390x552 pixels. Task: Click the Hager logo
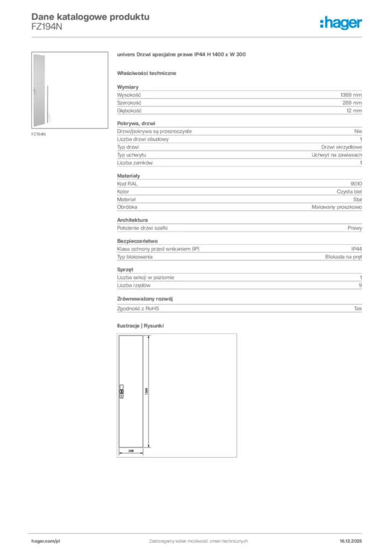pos(340,23)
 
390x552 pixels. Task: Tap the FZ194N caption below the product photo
pos(38,134)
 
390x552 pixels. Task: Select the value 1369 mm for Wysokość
pos(351,94)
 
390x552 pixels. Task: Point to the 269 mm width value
pos(352,102)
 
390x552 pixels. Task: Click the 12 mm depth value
pos(354,111)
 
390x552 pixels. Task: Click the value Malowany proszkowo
pos(337,207)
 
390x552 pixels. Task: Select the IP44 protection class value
pos(357,249)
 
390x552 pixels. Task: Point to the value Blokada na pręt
pos(344,257)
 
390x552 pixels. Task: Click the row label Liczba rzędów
pos(134,285)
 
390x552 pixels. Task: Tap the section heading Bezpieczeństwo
pos(137,241)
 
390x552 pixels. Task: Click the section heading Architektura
pos(133,220)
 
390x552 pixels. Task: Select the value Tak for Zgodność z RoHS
pos(358,308)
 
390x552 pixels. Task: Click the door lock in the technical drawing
pos(121,391)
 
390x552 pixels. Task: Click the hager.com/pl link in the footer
pos(45,541)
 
